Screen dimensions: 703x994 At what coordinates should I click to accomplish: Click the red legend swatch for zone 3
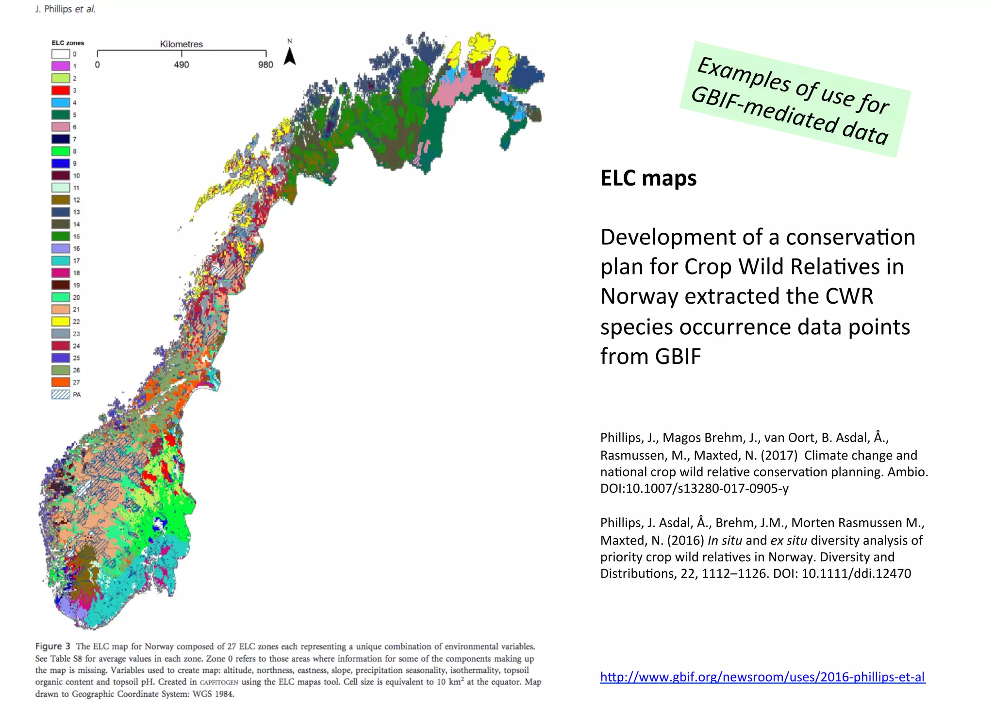pos(61,90)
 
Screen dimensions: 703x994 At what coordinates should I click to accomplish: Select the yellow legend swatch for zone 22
pos(61,321)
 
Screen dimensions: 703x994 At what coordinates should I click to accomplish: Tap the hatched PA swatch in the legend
pos(61,394)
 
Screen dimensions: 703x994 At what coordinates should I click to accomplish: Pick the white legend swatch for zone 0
pos(61,54)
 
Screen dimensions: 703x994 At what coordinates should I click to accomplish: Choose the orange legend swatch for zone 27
pos(61,382)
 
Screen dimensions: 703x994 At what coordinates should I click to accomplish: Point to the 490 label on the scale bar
pos(182,65)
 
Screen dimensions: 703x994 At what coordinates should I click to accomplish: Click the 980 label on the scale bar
pos(265,65)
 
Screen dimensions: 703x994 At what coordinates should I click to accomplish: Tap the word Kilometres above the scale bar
pos(182,44)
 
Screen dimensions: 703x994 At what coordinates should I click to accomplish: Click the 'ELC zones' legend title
pos(68,43)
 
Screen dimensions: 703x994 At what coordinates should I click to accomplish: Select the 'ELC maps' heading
pos(648,178)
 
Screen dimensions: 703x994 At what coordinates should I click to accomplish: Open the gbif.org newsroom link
pos(762,677)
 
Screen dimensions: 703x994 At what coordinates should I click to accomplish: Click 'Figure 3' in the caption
pos(52,646)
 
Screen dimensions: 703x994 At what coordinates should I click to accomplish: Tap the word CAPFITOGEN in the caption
pos(219,682)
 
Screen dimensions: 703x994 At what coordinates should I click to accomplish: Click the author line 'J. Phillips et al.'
pos(65,9)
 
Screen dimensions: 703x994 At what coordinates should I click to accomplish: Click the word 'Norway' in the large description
pos(639,296)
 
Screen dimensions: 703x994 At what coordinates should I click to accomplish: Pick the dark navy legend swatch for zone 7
pos(61,139)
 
